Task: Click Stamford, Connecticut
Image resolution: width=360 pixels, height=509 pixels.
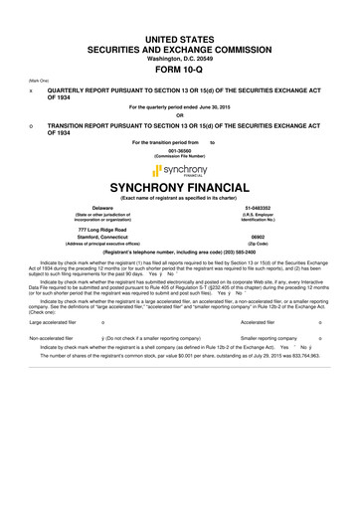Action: [x=94, y=238]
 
